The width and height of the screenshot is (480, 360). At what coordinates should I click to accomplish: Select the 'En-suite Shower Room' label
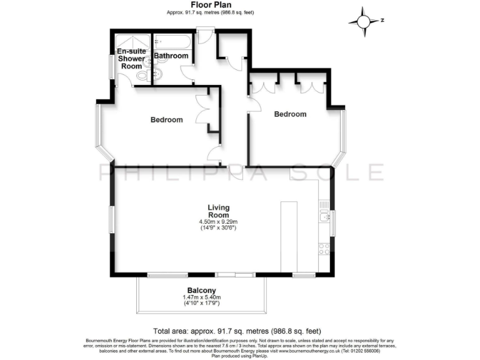coord(131,59)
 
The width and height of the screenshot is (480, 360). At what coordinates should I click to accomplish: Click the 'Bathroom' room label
coord(171,56)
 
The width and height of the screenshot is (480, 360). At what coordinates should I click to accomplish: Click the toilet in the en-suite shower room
coord(142,75)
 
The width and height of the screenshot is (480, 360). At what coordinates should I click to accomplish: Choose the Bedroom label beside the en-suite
coord(166,119)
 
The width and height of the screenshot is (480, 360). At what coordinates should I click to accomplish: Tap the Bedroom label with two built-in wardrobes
coord(290,114)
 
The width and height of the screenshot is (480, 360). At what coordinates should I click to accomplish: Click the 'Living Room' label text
coord(219,211)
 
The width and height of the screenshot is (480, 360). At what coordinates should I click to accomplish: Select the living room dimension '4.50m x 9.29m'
coord(219,222)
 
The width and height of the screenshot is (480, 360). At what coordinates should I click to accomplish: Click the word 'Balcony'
coord(200,290)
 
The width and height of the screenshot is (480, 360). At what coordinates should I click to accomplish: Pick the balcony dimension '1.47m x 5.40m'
coord(200,297)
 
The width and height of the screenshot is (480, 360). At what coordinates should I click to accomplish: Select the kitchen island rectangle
coord(289,236)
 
